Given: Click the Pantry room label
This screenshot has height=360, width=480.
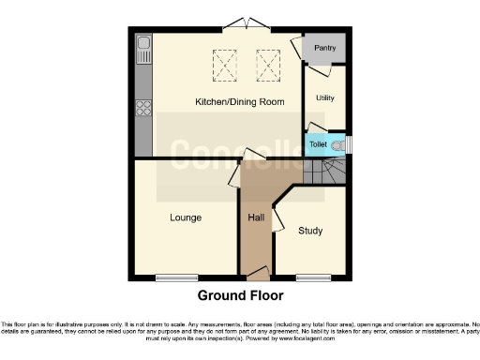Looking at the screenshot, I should point(324,48).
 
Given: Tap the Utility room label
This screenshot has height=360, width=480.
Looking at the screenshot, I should point(325,97).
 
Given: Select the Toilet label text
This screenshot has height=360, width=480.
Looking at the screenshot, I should point(319,145).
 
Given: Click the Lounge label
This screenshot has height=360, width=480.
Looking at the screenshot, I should point(186,217).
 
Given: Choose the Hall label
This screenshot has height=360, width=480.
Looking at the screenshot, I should point(255,217).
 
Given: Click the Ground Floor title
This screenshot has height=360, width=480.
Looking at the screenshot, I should point(239,294).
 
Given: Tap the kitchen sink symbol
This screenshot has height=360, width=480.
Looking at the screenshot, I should point(143,49).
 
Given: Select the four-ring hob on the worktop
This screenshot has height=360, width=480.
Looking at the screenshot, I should point(144,107).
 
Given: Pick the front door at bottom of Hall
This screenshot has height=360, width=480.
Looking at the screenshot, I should point(255,273).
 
